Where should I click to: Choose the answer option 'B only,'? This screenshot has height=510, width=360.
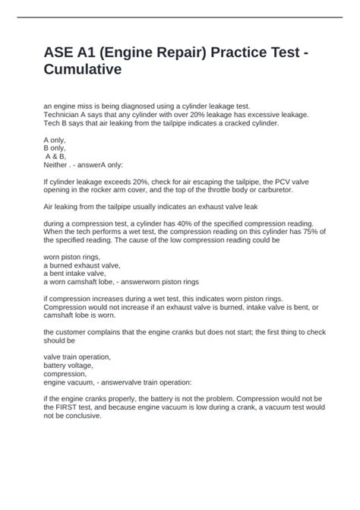click(x=56, y=148)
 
